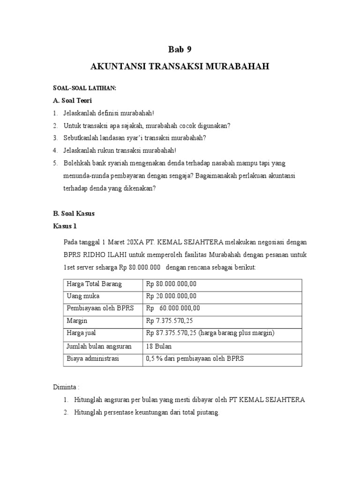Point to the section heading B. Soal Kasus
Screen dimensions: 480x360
tap(74, 213)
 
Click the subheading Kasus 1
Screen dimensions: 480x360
tap(65, 225)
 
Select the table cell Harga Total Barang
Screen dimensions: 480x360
tap(94, 284)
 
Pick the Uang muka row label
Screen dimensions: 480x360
tap(83, 296)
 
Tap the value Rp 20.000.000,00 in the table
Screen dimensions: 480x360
tap(172, 296)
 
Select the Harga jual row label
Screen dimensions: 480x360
tap(82, 333)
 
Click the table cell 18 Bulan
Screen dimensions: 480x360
tap(159, 346)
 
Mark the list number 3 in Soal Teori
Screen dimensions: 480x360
tap(54, 138)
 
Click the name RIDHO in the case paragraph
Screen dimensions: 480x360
tap(96, 255)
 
